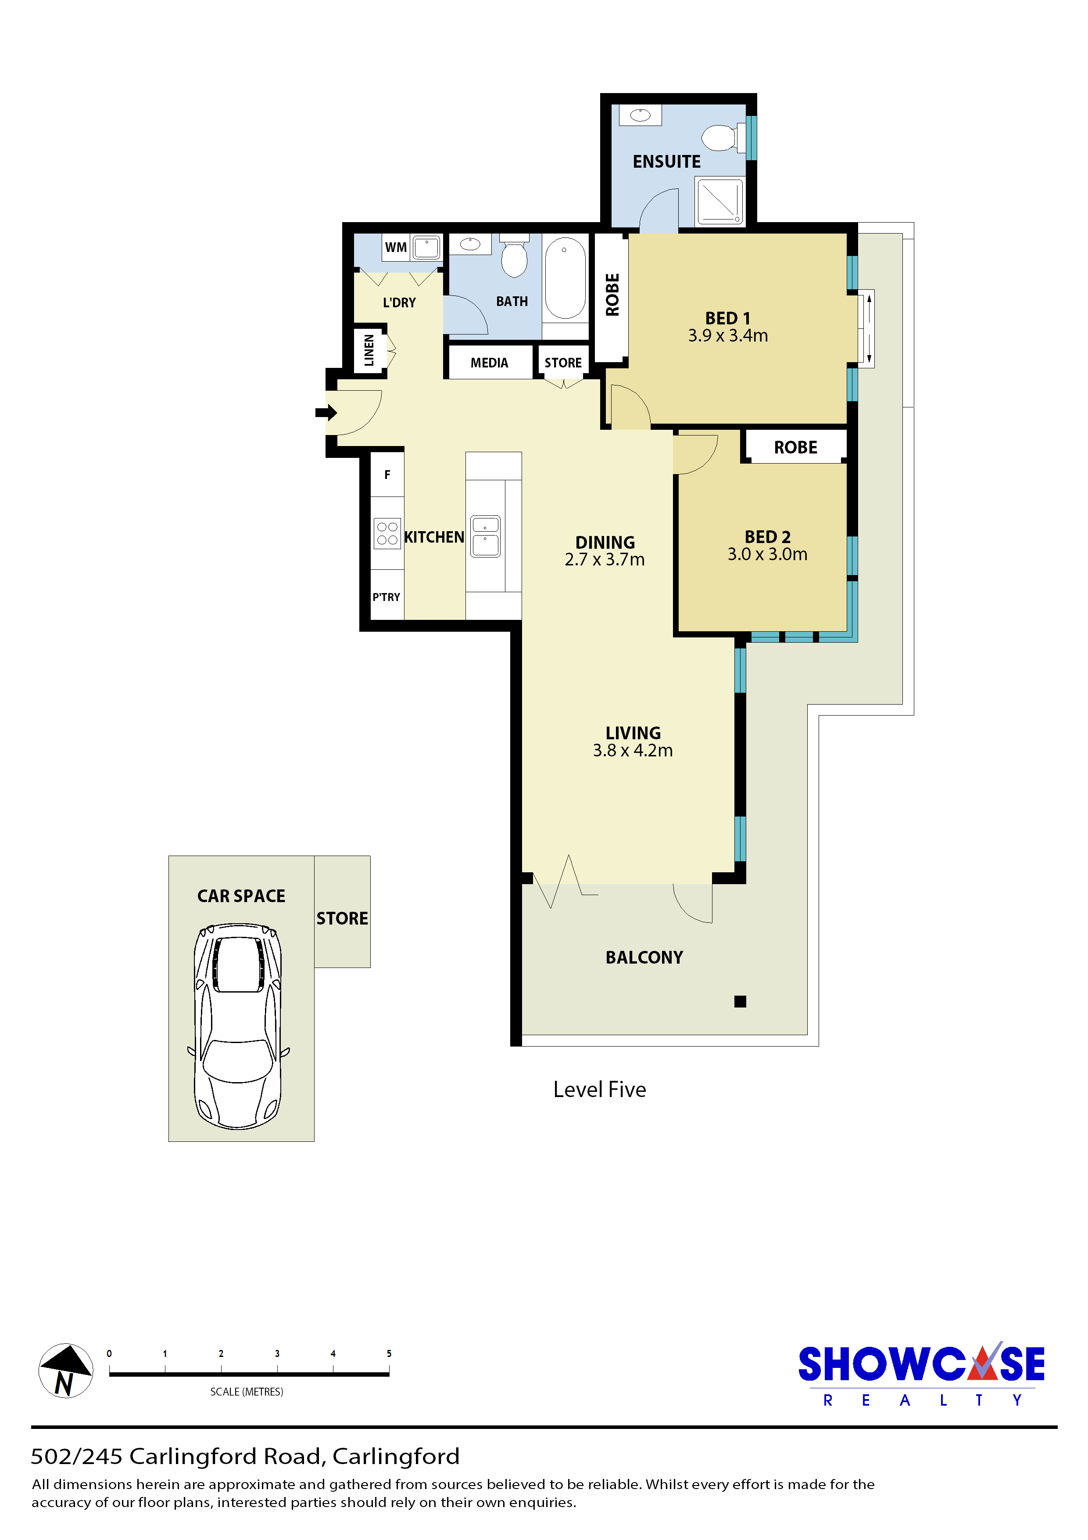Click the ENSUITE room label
click(x=666, y=162)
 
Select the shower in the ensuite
click(x=720, y=201)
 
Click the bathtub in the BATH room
click(x=565, y=278)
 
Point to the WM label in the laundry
click(x=396, y=248)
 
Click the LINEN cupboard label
click(x=369, y=350)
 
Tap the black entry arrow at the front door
click(x=326, y=413)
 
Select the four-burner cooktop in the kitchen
click(x=387, y=534)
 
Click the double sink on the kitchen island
click(x=485, y=536)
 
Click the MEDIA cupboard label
click(x=489, y=363)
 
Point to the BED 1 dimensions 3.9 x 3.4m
click(x=728, y=335)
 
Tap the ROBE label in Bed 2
click(x=796, y=447)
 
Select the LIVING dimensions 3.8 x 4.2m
click(x=633, y=751)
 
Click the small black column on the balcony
click(x=740, y=1001)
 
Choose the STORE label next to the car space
click(x=342, y=918)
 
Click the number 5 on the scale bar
click(x=389, y=1353)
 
